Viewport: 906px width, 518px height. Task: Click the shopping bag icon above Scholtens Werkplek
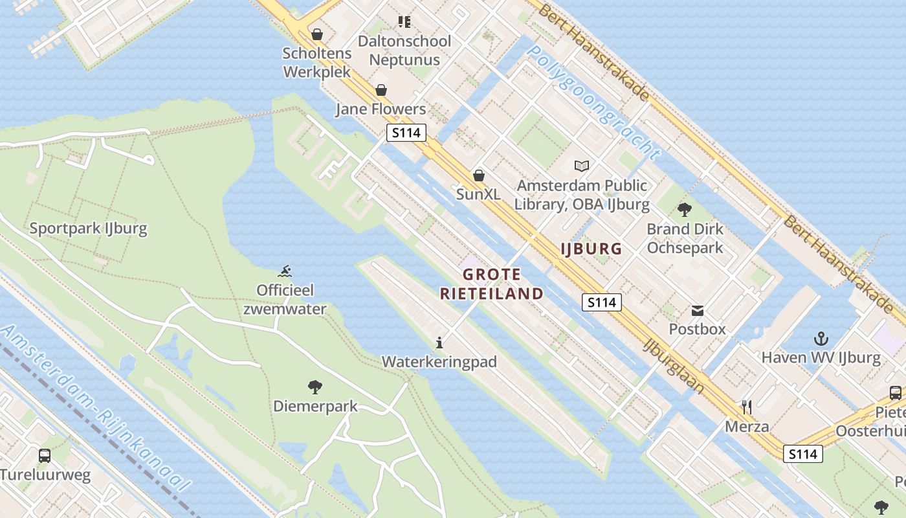(x=317, y=34)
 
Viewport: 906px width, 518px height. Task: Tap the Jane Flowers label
(x=381, y=109)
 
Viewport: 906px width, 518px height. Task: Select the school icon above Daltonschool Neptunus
(x=404, y=23)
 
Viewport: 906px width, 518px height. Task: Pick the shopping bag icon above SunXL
(x=479, y=175)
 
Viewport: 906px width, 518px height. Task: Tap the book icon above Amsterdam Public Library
(x=582, y=166)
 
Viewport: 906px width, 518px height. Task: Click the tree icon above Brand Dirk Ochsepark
(x=685, y=210)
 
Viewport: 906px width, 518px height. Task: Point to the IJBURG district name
(x=591, y=249)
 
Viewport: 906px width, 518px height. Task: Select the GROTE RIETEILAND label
(x=492, y=284)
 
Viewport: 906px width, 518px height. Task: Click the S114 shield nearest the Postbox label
(x=602, y=302)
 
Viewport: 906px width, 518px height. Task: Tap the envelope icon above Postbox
(x=698, y=310)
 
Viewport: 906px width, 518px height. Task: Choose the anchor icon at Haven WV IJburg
(x=821, y=339)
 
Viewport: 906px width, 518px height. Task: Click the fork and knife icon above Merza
(x=747, y=407)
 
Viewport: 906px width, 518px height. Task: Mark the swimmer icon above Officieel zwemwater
(x=285, y=271)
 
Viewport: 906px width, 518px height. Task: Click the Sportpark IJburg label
(x=88, y=229)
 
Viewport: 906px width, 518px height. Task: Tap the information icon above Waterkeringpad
(x=439, y=343)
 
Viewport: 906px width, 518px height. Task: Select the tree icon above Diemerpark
(x=315, y=388)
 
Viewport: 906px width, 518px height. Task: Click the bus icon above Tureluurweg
(x=45, y=456)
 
